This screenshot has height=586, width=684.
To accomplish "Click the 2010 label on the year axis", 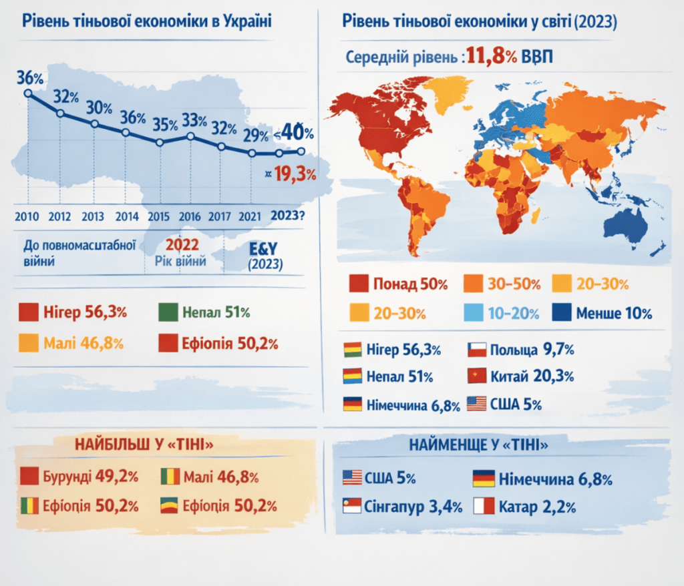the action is [x=27, y=216].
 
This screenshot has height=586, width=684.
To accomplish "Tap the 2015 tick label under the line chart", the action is [x=158, y=216].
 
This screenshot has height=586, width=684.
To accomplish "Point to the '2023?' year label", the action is [x=287, y=216].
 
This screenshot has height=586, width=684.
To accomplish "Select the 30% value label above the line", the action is [x=99, y=107].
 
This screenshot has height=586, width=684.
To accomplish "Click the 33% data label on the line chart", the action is [x=194, y=120].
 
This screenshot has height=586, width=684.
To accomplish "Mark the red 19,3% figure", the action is [x=295, y=174].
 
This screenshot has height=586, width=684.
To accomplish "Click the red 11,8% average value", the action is [x=492, y=56].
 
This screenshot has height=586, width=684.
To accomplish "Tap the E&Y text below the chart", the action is [x=263, y=248].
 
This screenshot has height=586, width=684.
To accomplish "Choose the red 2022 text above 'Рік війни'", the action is [x=182, y=245].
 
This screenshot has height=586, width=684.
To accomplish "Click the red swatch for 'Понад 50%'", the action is [x=359, y=284].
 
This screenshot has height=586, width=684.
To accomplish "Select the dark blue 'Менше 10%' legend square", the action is [x=561, y=312].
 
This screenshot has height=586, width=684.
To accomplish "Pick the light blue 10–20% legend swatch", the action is [x=474, y=312].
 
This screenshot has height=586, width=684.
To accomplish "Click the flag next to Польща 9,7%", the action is [x=477, y=350].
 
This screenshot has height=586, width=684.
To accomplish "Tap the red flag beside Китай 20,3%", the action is [x=477, y=376].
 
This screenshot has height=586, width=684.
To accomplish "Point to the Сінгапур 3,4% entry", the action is [x=402, y=506].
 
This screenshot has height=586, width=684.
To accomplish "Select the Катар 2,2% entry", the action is [x=524, y=507].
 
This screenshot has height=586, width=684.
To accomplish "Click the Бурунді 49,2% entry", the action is [x=79, y=476].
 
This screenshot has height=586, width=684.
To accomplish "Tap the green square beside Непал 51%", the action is [x=168, y=312].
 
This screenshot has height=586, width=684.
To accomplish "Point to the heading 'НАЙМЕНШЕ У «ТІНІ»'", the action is [x=478, y=445].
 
